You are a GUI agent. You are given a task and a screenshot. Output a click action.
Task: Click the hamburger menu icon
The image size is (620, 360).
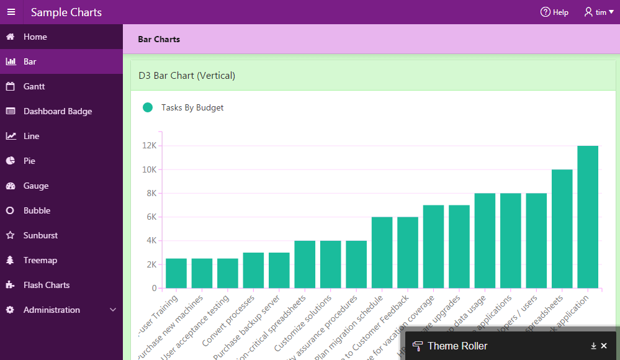point(11,12)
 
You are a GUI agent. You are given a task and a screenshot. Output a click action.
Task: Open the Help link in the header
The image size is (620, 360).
point(554,12)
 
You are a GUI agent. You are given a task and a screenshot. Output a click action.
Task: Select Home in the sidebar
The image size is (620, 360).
point(35,37)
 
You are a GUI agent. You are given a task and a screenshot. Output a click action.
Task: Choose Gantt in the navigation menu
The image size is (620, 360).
point(34,87)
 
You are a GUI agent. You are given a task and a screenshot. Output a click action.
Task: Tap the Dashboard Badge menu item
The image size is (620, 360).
point(57,112)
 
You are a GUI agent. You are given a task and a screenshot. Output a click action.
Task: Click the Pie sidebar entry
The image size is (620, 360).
point(29,161)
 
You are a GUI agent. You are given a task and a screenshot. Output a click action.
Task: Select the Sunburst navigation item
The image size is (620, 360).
point(40,236)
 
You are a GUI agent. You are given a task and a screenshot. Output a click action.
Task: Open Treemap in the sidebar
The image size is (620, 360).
point(40,261)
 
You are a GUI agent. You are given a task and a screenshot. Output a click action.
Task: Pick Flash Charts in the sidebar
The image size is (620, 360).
point(46,286)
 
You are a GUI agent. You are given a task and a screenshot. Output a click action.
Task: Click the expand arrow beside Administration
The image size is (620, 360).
point(112,310)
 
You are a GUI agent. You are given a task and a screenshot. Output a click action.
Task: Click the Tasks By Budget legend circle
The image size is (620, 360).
point(148,107)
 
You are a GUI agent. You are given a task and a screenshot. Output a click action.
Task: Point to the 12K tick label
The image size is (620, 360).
point(149,146)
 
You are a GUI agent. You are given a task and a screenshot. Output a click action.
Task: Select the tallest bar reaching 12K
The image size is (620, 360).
point(588,217)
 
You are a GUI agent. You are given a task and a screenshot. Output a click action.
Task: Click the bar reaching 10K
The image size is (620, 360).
point(562,229)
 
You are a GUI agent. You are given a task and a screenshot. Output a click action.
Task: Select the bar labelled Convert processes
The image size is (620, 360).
point(253,271)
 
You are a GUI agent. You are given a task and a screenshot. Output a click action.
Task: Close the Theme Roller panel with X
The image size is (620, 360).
point(604,346)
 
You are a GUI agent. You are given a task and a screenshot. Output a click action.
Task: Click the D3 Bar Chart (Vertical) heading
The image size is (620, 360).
point(187,76)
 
